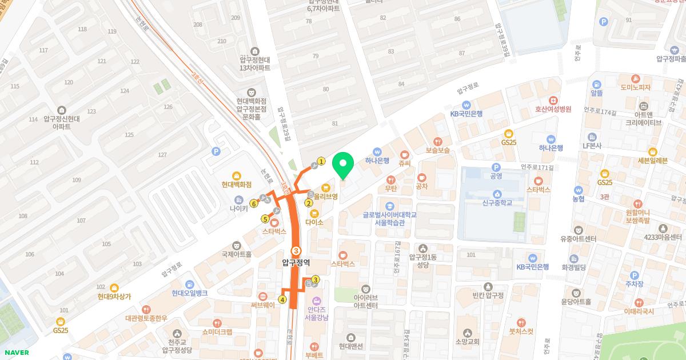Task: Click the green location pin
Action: (x=342, y=166)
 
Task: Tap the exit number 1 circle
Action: (x=321, y=162)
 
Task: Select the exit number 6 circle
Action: (x=253, y=203)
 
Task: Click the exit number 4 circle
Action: (x=282, y=299)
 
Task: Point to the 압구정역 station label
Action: (x=296, y=262)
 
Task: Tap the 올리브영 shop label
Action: (x=326, y=195)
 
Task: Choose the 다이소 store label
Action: (x=314, y=221)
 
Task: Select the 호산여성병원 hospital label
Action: (x=553, y=109)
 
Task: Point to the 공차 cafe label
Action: (x=422, y=186)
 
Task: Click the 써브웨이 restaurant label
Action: (x=262, y=305)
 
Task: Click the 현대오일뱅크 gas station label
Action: (x=189, y=293)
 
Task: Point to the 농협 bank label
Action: (x=579, y=198)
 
